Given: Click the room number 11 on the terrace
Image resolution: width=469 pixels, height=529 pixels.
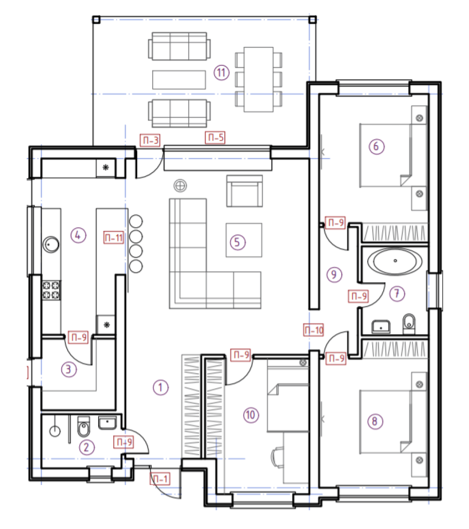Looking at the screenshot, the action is tap(221, 72).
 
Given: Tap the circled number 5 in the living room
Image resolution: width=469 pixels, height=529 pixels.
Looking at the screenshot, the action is tap(237, 242).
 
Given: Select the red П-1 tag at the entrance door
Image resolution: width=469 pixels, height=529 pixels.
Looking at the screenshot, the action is tap(160, 479).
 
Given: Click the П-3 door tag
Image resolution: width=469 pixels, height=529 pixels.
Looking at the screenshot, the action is tap(150, 140).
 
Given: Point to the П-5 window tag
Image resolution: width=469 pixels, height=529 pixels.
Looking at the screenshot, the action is tap(215, 138).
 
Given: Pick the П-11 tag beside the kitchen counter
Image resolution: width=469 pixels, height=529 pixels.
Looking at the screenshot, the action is tap(114, 238).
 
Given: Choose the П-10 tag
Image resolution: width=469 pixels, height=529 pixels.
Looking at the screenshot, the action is tap(314, 330).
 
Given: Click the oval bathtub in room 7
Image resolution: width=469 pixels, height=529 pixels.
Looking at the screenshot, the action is tap(395, 261).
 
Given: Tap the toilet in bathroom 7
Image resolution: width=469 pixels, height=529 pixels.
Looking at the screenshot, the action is tap(409, 324).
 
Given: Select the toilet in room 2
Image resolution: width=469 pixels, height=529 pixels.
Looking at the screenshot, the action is tap(84, 426).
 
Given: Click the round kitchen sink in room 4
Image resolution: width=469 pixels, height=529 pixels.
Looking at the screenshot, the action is tap(51, 244).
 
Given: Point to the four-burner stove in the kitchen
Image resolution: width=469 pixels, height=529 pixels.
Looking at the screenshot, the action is tap(51, 290).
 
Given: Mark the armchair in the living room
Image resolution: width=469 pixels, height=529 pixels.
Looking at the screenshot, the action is tap(244, 191).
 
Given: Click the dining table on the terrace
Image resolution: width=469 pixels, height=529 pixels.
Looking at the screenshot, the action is tap(259, 79).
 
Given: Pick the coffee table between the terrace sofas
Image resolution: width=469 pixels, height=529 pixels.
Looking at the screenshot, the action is tap(179, 80).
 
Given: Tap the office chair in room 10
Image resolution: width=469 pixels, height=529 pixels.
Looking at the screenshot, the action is tap(277, 457).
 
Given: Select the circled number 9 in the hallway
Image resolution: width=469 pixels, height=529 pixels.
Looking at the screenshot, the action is tap(334, 274).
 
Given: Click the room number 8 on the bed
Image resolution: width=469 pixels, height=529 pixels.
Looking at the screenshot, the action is tap(375, 421).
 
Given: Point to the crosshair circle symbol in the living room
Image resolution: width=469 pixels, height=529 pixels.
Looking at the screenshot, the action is tap(180, 185).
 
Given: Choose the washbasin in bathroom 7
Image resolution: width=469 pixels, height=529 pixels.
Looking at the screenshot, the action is tap(381, 326).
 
